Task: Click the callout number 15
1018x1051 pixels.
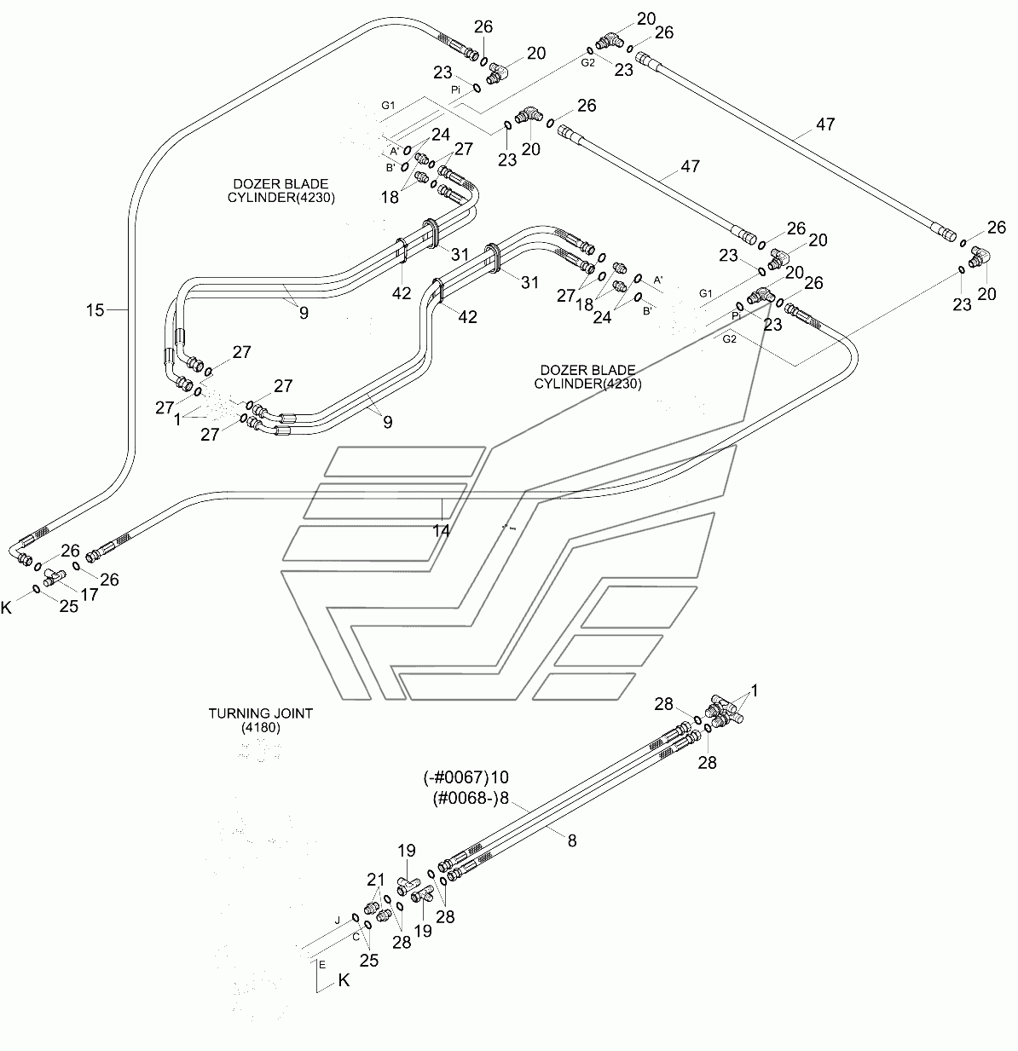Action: pos(95,310)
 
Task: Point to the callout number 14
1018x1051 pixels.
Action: pos(441,531)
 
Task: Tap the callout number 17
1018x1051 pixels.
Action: pos(90,595)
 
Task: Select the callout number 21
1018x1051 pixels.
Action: pos(375,881)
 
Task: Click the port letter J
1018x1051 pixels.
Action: pos(338,921)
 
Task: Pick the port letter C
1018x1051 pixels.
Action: pos(356,938)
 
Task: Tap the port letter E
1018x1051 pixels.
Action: pos(322,965)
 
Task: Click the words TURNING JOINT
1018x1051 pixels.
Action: pos(260,713)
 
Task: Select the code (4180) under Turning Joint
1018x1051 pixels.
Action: pos(260,727)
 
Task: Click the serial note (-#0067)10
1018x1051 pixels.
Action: pos(466,777)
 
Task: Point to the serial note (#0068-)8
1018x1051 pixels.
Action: pos(471,798)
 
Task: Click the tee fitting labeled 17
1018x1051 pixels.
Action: pos(54,576)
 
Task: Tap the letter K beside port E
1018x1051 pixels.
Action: pos(344,980)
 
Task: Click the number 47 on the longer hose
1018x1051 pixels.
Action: pos(825,124)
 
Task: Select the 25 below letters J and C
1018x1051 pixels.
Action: pos(369,961)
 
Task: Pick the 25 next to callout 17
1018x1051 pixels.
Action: pos(68,607)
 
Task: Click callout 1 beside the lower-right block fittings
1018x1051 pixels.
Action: pos(755,690)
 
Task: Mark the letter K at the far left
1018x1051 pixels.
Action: pos(6,608)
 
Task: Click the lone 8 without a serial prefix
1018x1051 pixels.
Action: pos(572,840)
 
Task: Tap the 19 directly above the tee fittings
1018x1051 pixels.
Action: pos(407,851)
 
